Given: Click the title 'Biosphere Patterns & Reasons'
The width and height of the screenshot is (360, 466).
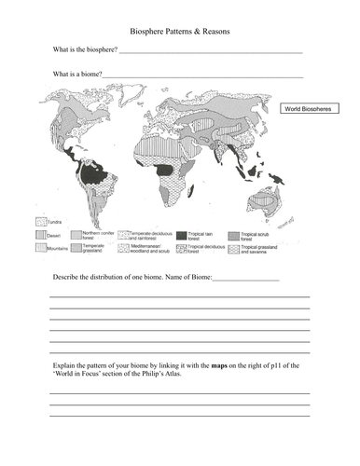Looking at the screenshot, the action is [x=180, y=32].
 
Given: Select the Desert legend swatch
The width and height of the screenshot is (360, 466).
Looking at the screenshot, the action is [x=40, y=237].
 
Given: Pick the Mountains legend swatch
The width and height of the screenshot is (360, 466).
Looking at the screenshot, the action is [x=40, y=250].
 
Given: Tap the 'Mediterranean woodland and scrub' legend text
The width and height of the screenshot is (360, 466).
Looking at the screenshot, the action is [x=152, y=250].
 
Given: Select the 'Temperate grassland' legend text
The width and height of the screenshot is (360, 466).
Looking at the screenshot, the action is [x=96, y=250].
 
